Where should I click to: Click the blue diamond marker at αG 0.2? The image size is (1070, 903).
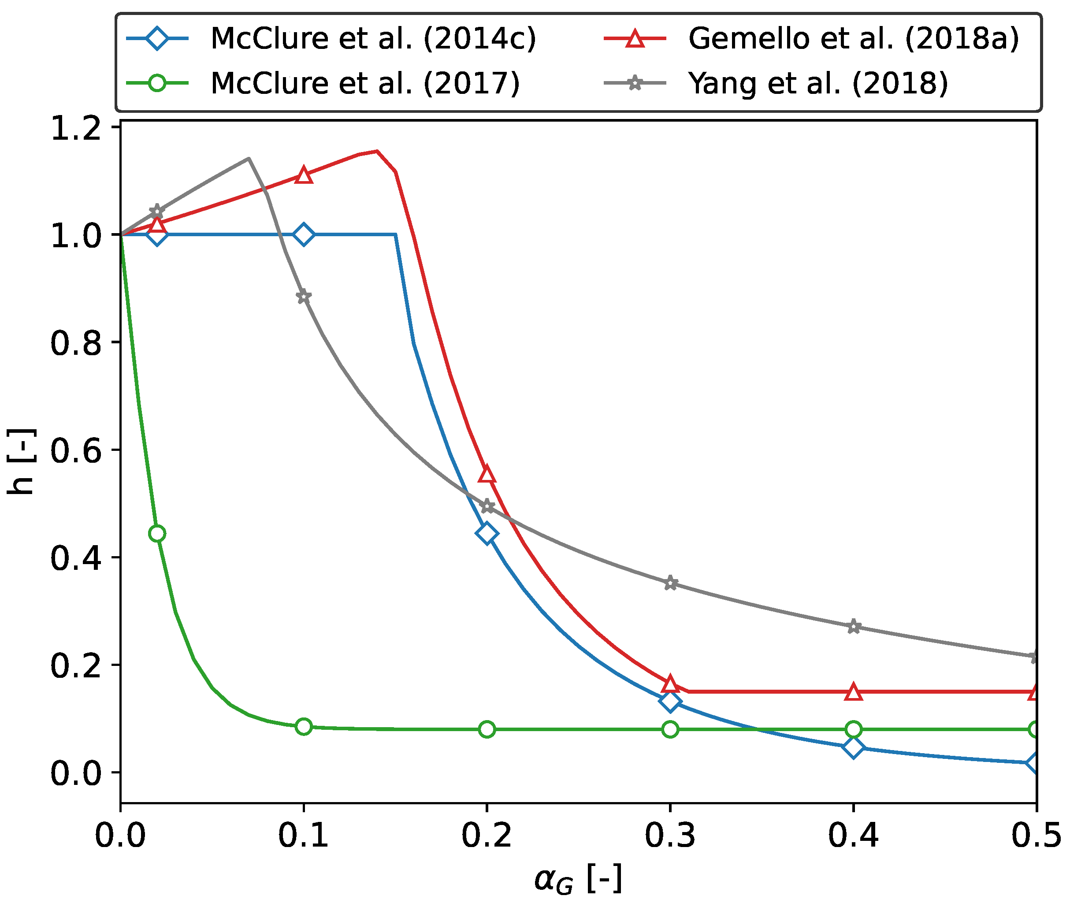[487, 533]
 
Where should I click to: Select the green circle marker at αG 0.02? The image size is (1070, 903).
[157, 533]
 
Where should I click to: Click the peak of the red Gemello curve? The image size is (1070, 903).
[377, 151]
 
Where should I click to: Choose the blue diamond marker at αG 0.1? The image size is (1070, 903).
[304, 234]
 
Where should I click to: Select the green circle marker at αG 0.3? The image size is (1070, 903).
[670, 729]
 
